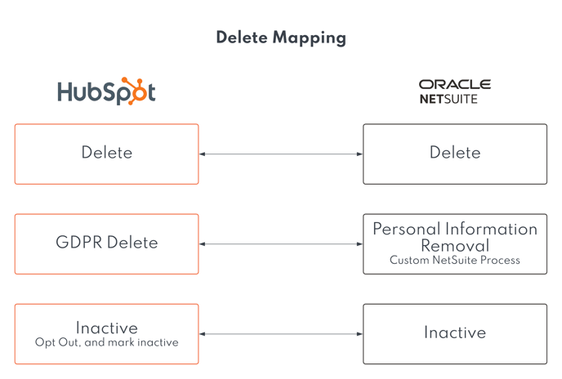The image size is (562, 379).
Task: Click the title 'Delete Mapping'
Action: [x=281, y=38]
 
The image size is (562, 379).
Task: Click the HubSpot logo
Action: [x=106, y=91]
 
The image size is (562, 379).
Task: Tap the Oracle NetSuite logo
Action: [x=454, y=91]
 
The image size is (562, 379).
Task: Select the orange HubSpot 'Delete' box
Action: [x=106, y=154]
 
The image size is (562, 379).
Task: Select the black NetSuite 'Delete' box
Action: [x=455, y=154]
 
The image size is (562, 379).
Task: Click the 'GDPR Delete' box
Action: [x=106, y=243]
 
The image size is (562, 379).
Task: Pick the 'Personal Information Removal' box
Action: [x=455, y=243]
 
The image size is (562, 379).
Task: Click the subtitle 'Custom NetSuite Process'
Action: [x=455, y=261]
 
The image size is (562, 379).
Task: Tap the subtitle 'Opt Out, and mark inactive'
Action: [x=106, y=343]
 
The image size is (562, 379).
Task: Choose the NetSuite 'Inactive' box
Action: [x=455, y=333]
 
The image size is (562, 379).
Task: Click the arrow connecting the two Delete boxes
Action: [x=281, y=154]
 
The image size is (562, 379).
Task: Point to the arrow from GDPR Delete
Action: [x=281, y=243]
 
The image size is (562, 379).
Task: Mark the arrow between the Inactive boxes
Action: [x=281, y=333]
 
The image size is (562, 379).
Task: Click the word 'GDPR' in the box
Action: [x=78, y=243]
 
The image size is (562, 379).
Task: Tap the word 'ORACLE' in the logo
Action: [x=454, y=84]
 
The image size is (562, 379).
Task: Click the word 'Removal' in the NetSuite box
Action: [x=455, y=246]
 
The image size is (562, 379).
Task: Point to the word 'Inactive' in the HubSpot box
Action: [x=106, y=328]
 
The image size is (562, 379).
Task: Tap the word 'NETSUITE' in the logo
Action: [x=448, y=98]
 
